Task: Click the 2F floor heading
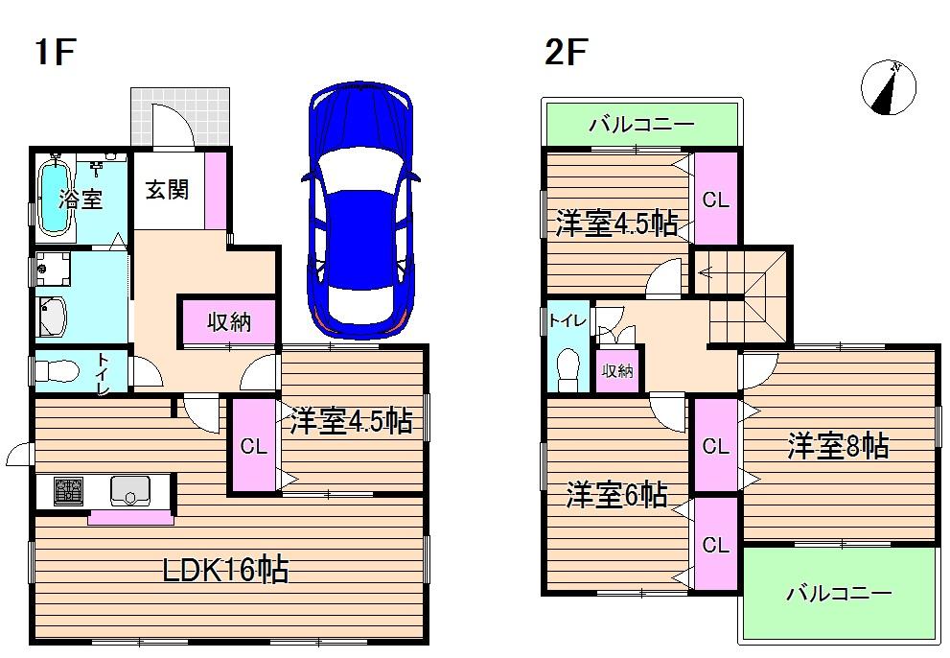point(565,53)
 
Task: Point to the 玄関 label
point(167,190)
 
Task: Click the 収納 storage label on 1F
point(229,322)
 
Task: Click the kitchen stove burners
point(69,492)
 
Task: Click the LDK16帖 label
point(224,571)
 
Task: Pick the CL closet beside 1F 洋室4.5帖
point(252,446)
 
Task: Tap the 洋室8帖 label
point(838,446)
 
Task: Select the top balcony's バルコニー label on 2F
point(640,125)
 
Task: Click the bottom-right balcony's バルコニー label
point(839,594)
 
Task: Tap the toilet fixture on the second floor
point(568,369)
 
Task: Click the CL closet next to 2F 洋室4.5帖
point(716,200)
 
